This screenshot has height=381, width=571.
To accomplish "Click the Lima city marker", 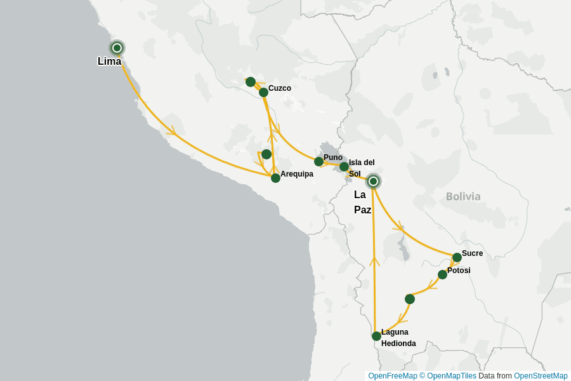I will tap(117, 48).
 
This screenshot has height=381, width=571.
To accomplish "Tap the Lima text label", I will tap(109, 62).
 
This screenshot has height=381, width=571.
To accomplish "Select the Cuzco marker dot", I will tap(263, 93).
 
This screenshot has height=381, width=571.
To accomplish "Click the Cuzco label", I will tap(280, 88).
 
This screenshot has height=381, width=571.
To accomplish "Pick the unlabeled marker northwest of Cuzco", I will tap(251, 82).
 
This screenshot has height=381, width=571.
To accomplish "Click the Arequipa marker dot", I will tap(275, 178).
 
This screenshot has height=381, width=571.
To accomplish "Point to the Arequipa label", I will tap(297, 174).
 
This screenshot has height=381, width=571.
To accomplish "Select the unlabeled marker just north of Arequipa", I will tap(266, 154).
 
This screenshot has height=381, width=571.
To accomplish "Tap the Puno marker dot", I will tap(319, 162).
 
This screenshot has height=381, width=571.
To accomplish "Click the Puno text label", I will tap(333, 157).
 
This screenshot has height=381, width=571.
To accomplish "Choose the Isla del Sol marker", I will tap(344, 167).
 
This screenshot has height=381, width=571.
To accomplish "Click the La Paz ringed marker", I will tap(374, 182).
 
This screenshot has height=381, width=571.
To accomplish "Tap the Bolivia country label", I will tap(463, 196).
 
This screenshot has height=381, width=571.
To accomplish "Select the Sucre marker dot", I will tap(457, 257).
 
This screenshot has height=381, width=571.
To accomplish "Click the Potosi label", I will tap(459, 271).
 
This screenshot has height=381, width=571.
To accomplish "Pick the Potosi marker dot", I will tap(442, 274).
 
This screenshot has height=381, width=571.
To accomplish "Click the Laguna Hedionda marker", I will tap(376, 336).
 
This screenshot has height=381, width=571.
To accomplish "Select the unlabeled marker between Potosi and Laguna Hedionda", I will tap(410, 299).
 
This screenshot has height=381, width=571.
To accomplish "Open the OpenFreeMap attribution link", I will tap(392, 376).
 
